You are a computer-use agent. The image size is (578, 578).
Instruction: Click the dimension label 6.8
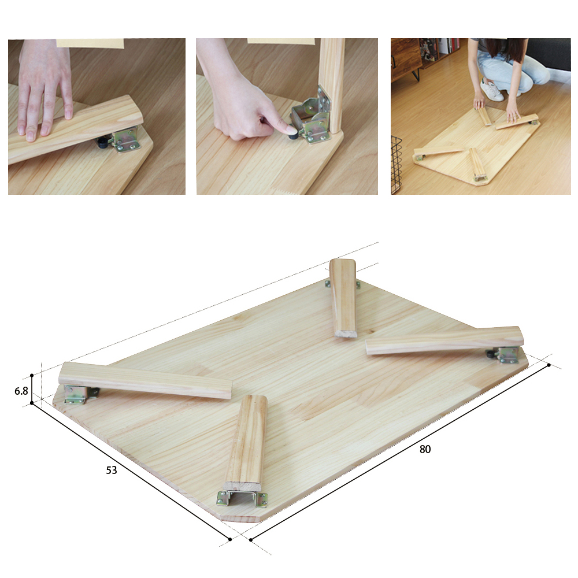coord(21,391)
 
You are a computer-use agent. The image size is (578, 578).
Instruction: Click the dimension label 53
coord(112,470)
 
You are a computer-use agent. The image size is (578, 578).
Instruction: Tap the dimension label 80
coord(425,449)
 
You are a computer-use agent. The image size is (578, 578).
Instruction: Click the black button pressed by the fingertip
coord(294,135)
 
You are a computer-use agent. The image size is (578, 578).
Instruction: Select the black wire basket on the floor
coord(396,164)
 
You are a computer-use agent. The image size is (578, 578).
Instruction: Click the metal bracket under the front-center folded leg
coord(242,498)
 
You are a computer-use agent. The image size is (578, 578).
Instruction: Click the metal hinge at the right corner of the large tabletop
coord(507,355)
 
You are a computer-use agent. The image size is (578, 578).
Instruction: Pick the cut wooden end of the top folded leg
coord(346,334)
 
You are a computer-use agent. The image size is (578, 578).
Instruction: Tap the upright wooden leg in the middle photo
coord(331,85)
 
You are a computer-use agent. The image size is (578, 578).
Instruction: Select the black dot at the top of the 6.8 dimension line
coord(32,376)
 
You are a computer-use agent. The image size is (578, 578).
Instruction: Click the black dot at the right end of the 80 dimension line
coord(549,365)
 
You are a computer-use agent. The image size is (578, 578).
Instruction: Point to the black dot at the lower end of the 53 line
coord(230,539)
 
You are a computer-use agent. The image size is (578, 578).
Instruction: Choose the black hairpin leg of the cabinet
coord(416,75)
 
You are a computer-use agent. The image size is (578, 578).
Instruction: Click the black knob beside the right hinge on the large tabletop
coord(490,354)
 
